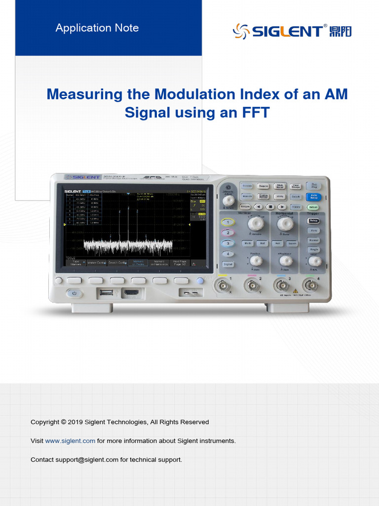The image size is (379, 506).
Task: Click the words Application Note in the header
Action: coord(97,28)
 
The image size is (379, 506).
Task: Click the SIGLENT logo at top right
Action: coord(292,31)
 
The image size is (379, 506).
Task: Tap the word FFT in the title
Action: coord(256,112)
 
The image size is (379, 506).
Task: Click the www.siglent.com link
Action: coord(70,441)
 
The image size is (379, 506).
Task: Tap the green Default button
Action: coord(313,207)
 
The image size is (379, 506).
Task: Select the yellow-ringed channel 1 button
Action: coord(227,222)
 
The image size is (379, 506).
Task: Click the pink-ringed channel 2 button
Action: coord(227,233)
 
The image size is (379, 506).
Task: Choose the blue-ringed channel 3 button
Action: coord(227,243)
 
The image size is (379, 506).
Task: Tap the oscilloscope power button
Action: coord(75,293)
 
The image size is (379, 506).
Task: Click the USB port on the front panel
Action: coord(105,293)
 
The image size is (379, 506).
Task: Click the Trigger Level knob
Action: coord(314,261)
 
